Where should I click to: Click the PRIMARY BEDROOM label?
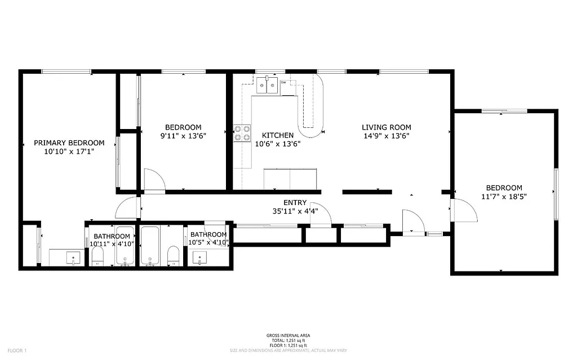click(x=69, y=143)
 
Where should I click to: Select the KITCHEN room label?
click(x=278, y=135)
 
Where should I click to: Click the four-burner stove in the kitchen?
click(x=243, y=133)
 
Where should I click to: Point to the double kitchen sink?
click(x=268, y=86)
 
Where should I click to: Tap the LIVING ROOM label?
click(x=386, y=127)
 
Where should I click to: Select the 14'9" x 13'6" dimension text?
click(x=386, y=136)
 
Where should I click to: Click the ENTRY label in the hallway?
click(x=295, y=203)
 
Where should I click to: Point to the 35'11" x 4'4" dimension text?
click(x=295, y=211)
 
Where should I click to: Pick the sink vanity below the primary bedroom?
click(x=74, y=258)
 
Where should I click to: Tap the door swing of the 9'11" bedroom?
click(x=153, y=180)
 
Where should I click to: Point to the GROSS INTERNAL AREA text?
click(x=288, y=336)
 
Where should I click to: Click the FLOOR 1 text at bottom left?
click(x=17, y=350)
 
